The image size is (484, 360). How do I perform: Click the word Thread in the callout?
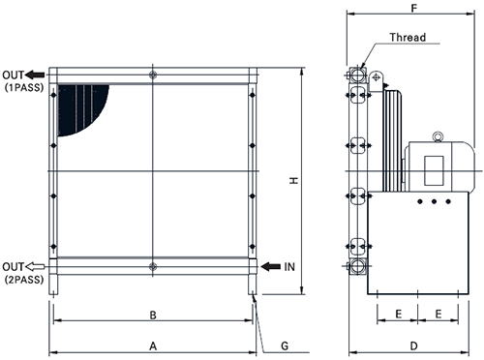pyautogui.click(x=408, y=38)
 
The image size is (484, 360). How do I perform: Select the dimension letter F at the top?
pyautogui.click(x=414, y=8)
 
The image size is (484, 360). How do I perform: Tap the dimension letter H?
pyautogui.click(x=293, y=181)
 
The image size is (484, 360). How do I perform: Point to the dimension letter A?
pyautogui.click(x=153, y=346)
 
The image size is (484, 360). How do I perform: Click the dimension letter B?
pyautogui.click(x=153, y=315)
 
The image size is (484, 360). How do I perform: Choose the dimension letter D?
pyautogui.click(x=413, y=346)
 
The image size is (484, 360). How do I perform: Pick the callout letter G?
pyautogui.click(x=285, y=346)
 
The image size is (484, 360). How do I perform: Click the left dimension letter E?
pyautogui.click(x=399, y=314)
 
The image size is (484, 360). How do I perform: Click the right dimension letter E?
pyautogui.click(x=439, y=314)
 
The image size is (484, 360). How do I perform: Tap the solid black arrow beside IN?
pyautogui.click(x=270, y=267)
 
